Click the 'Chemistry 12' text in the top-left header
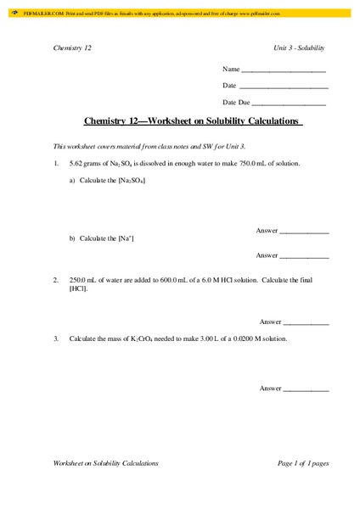pyautogui.click(x=72, y=48)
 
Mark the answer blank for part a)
pyautogui.click(x=304, y=232)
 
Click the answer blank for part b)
pyautogui.click(x=304, y=256)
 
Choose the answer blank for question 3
pyautogui.click(x=306, y=389)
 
